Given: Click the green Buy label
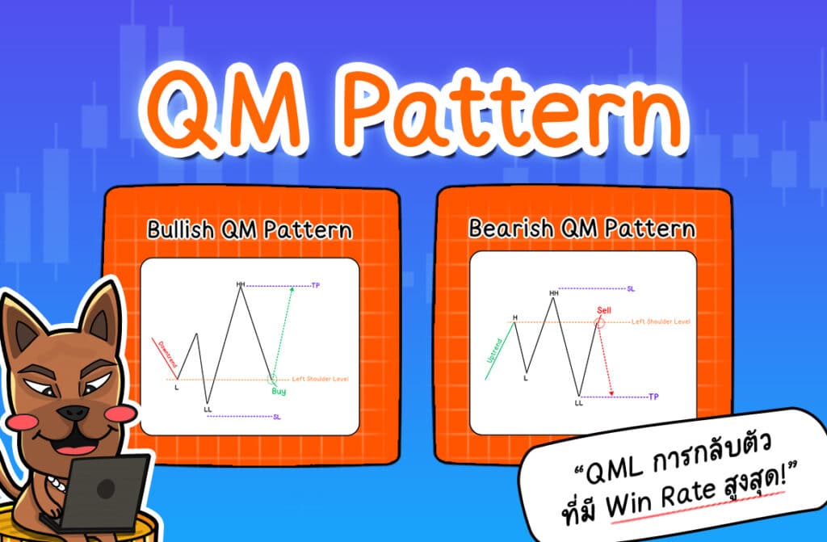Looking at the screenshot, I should coord(279,392).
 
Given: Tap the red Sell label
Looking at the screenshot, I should coord(605,309).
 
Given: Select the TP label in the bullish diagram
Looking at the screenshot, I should coord(315,286).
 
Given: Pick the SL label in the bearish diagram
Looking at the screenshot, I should coord(631,288).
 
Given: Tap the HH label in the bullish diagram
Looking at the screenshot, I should coord(240,284).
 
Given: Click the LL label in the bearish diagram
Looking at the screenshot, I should coord(578,401).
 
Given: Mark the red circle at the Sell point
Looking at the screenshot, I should coord(599,322).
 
